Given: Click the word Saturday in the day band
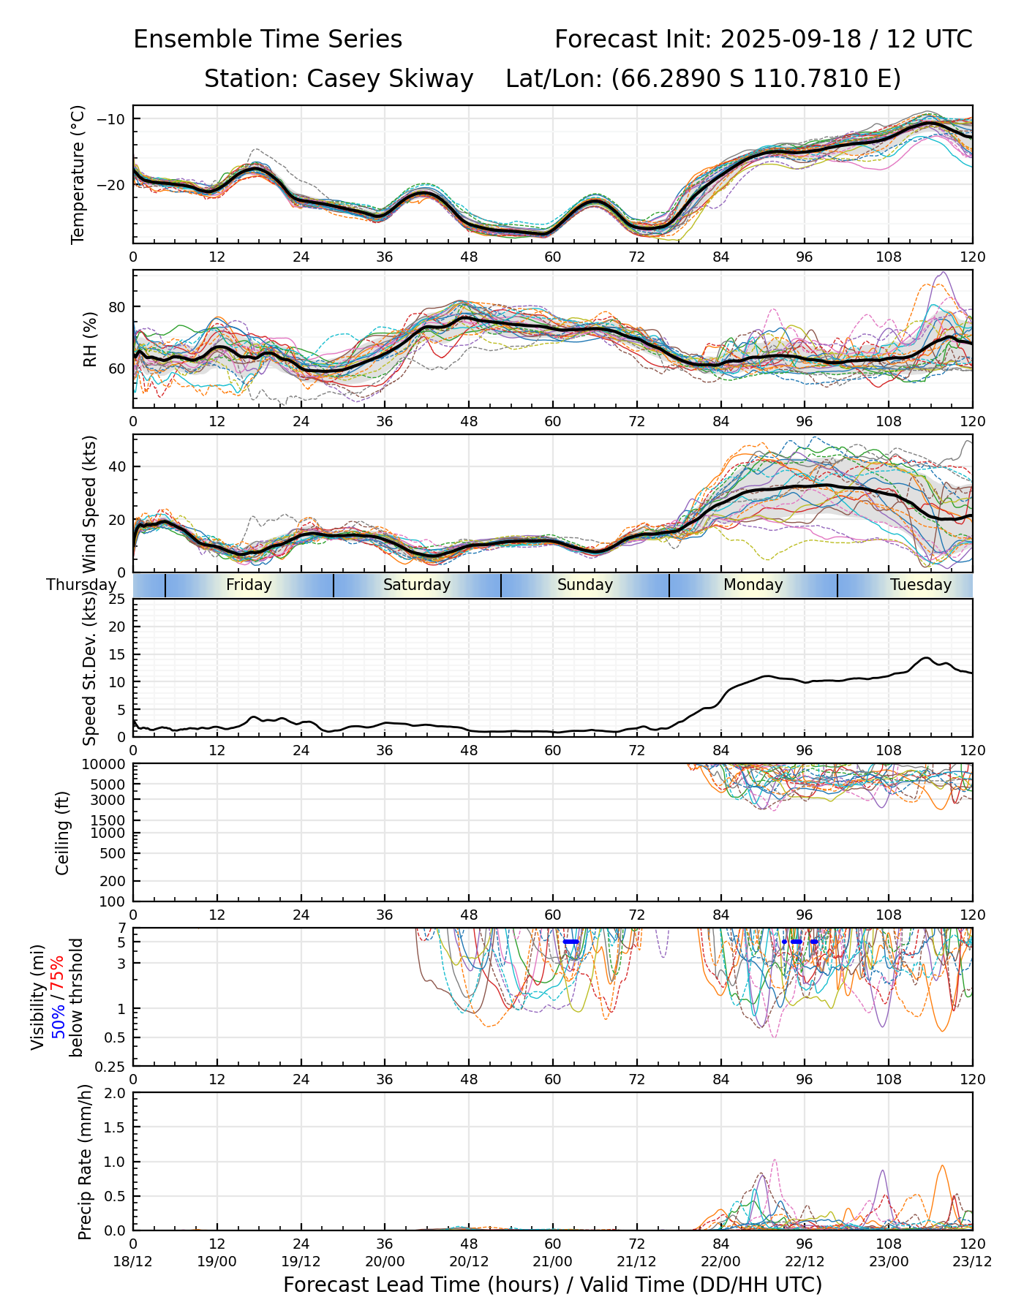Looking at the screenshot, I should pos(416,585).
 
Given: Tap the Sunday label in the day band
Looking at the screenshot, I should pos(584,585).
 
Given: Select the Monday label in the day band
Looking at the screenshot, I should pos(753,585).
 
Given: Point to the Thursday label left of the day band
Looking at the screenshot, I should pos(81,585).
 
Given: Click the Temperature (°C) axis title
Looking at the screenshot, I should pos(78,174).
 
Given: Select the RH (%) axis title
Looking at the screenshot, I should pos(90,339).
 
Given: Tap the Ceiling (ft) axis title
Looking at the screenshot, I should pos(63,833).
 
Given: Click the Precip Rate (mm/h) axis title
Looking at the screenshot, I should pos(85,1161).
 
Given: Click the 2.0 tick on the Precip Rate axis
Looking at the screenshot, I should pos(116,1093).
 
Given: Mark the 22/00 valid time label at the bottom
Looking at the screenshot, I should pos(720,1261).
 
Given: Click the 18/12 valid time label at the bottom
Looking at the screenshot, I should pos(133,1261).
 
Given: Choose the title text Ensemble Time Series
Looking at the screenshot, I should pos(268,39).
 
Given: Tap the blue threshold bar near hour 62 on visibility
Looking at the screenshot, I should pos(571,942).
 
